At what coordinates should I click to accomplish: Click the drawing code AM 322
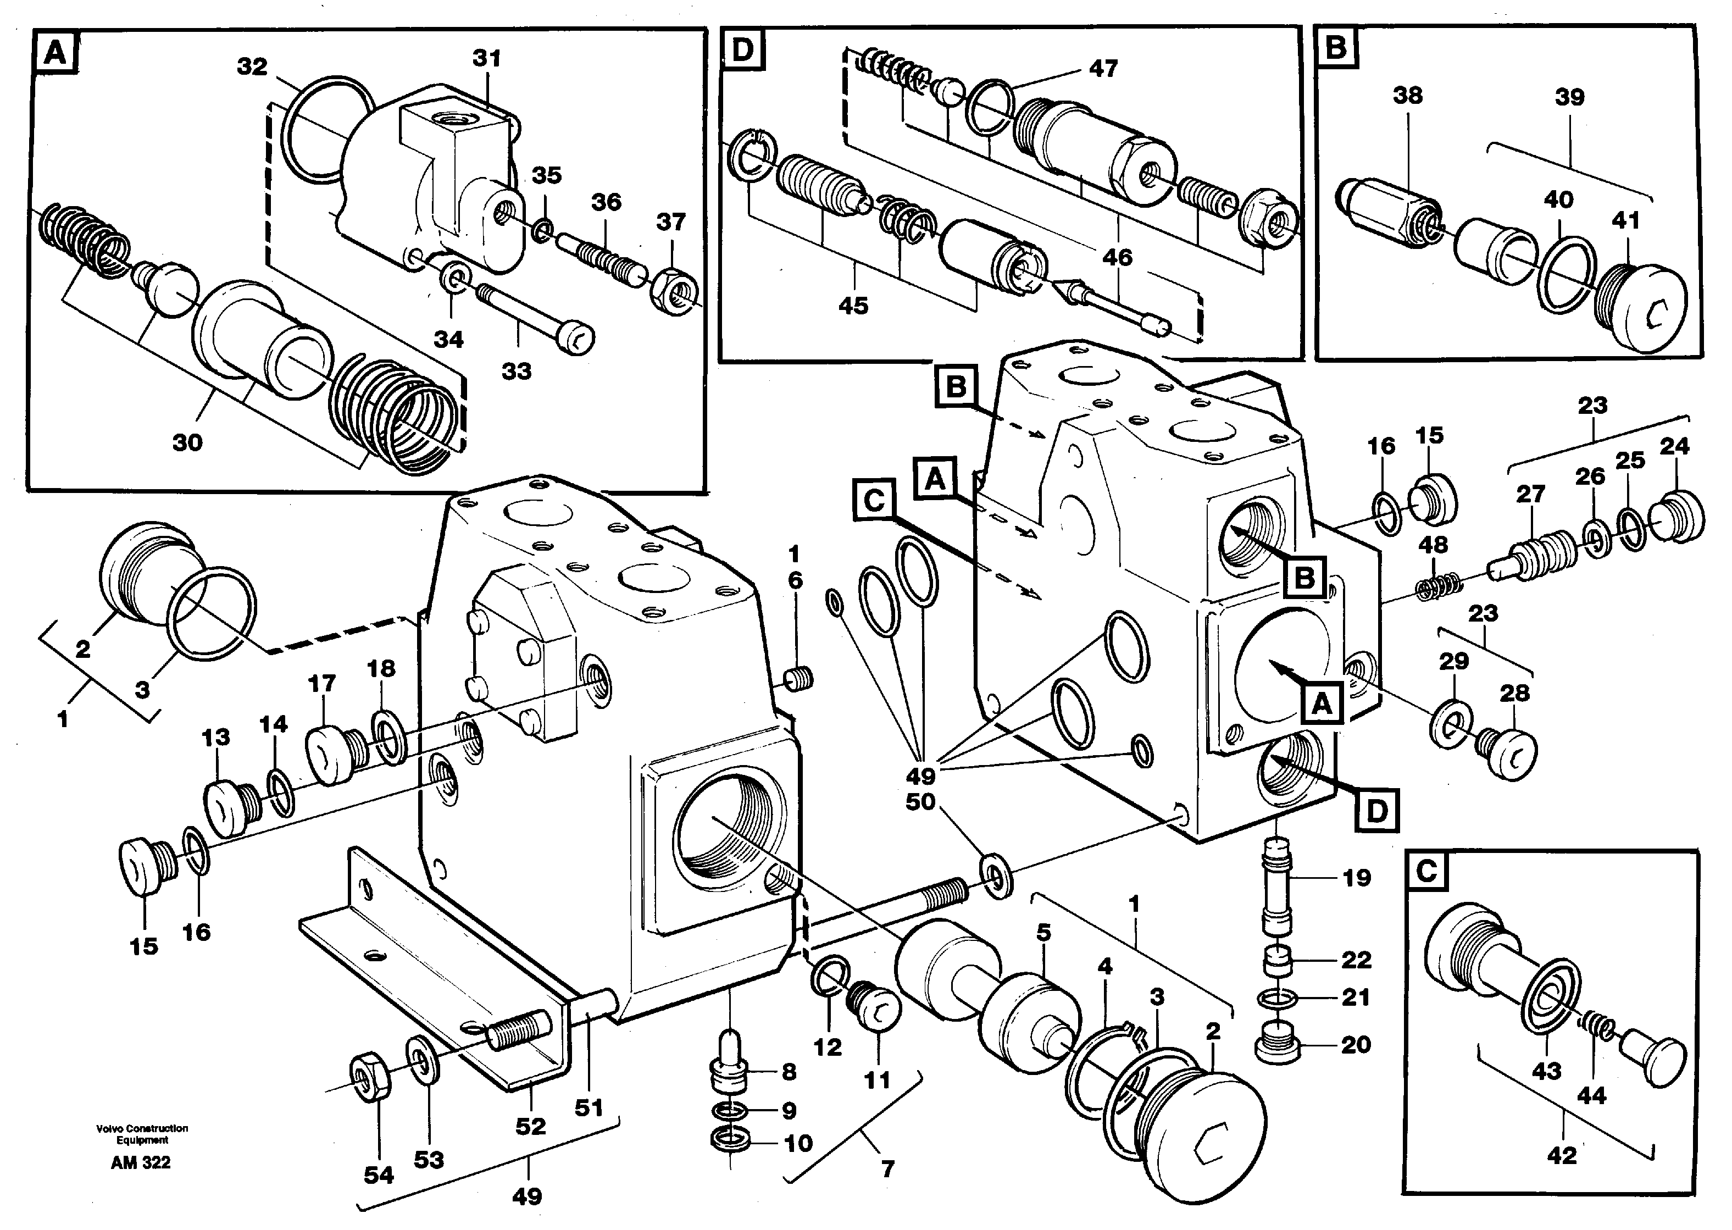140,1162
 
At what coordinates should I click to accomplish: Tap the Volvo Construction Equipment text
142,1134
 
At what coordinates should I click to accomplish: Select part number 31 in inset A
486,58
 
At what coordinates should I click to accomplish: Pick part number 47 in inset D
1103,68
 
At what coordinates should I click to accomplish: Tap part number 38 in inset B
1407,96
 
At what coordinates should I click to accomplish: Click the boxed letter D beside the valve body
1376,811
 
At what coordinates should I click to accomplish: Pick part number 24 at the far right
1674,446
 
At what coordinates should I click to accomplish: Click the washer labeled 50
997,876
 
